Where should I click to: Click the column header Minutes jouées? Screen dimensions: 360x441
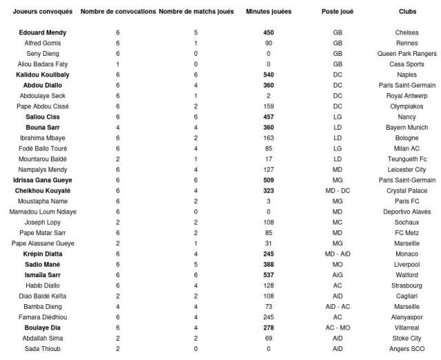tap(271, 12)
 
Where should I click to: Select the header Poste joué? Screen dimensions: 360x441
tap(338, 12)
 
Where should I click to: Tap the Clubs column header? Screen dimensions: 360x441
tap(407, 12)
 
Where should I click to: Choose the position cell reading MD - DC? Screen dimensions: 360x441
tap(338, 190)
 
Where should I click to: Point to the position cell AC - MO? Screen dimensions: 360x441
tap(338, 328)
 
